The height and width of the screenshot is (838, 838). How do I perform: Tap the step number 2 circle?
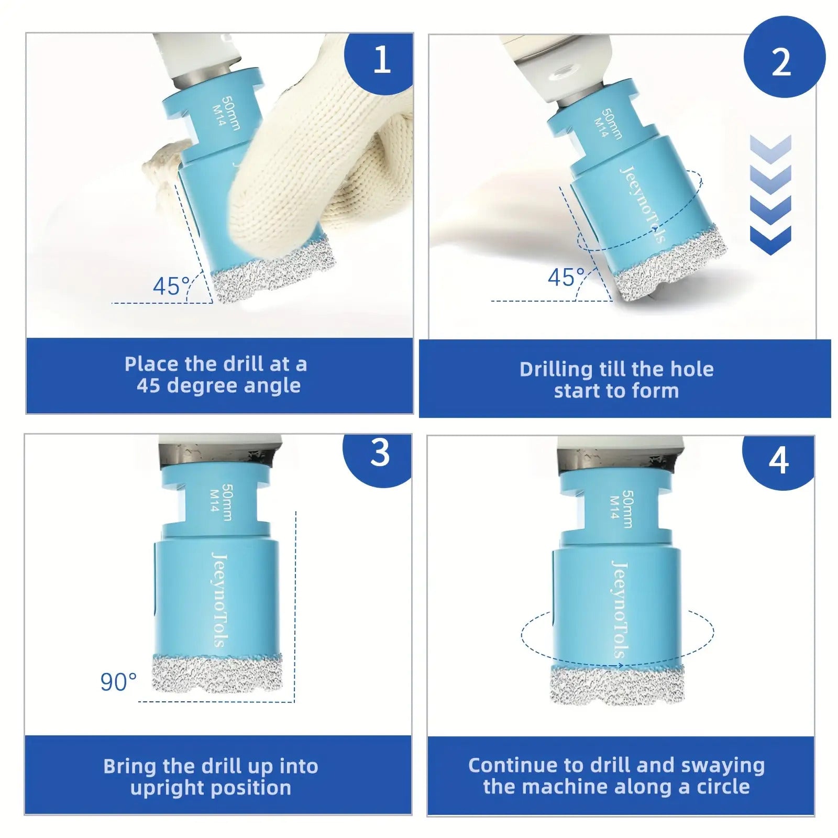(784, 58)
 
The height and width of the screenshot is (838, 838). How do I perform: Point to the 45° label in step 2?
(566, 277)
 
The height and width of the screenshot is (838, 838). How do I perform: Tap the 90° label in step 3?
(118, 682)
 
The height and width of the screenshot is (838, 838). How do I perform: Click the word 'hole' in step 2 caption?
(692, 369)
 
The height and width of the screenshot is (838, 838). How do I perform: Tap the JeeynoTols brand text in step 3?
(219, 600)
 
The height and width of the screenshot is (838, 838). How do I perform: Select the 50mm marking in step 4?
(626, 509)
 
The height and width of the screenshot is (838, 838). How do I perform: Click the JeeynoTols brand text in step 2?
(642, 204)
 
